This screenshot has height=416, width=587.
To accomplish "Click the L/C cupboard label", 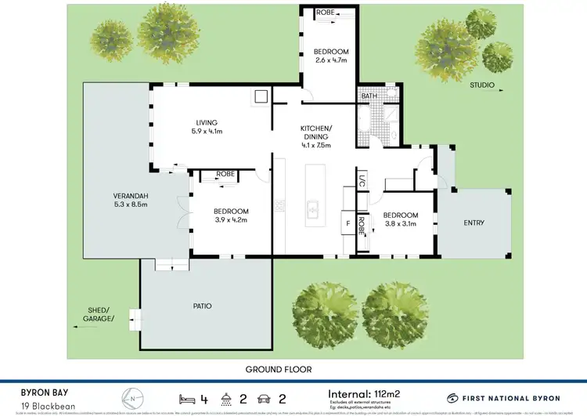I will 362,180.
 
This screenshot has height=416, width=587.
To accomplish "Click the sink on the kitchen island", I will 312,210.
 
